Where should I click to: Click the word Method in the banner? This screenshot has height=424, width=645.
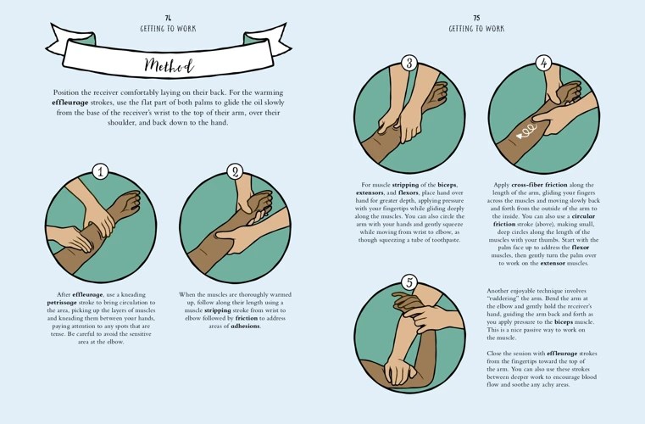click(x=169, y=65)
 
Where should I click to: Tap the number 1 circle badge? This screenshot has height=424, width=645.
click(x=101, y=172)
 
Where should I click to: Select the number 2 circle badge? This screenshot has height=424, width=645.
click(x=236, y=171)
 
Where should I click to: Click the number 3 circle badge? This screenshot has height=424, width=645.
click(x=409, y=63)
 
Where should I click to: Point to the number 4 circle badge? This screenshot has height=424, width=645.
click(x=543, y=63)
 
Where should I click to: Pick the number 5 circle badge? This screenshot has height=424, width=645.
click(x=409, y=283)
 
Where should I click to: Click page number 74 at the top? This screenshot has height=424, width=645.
click(x=169, y=17)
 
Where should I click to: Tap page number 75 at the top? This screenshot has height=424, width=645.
click(x=476, y=17)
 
